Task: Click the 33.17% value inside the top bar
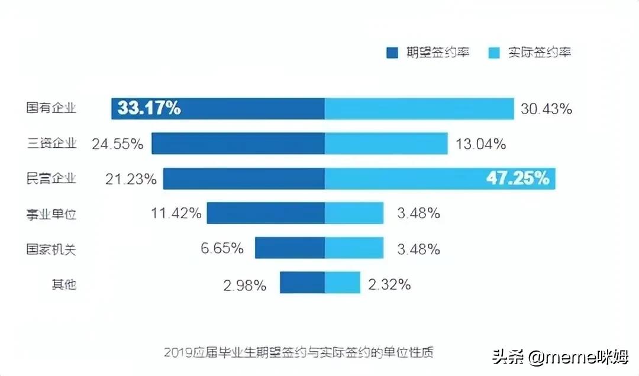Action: click(149, 108)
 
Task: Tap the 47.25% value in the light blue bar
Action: click(518, 179)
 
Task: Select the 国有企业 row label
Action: click(51, 108)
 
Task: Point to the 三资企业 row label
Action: click(51, 144)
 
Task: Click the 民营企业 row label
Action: click(51, 179)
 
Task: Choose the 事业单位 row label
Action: click(51, 214)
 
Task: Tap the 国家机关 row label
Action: click(51, 249)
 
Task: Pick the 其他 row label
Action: click(63, 284)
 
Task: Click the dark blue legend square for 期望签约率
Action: click(392, 53)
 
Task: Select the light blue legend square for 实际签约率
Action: click(495, 53)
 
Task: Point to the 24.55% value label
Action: click(117, 144)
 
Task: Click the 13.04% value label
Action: click(480, 144)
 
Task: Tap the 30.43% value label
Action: click(546, 109)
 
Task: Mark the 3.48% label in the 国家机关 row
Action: click(418, 249)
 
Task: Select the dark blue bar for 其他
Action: click(302, 283)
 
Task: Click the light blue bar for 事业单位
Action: click(354, 213)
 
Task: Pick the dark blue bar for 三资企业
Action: click(238, 144)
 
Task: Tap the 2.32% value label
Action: click(389, 284)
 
